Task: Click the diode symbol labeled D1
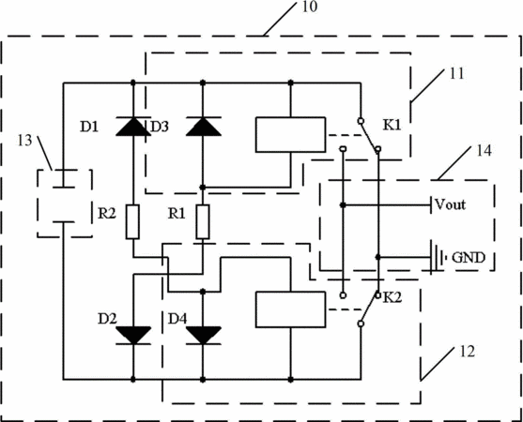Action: coord(133,127)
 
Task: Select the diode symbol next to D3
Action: coord(203,127)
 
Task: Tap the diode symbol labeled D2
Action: coord(133,335)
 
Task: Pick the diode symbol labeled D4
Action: coord(203,335)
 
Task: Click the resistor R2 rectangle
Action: coord(132,222)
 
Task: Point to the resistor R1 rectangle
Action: coord(203,222)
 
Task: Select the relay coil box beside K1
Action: coord(290,134)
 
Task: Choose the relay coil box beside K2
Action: coord(290,309)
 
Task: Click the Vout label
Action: coord(451,204)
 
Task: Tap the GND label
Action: coord(469,258)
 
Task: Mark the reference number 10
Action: coord(310,7)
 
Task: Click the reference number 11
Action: coord(456,73)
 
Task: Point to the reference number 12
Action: coord(467,352)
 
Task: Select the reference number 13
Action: coord(24,141)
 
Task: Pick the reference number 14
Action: coord(484,151)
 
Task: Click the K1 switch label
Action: coord(392,126)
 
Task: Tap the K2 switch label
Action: coord(392,297)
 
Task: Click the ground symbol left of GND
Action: coord(437,258)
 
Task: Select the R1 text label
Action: coord(177,213)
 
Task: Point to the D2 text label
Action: coord(107,319)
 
